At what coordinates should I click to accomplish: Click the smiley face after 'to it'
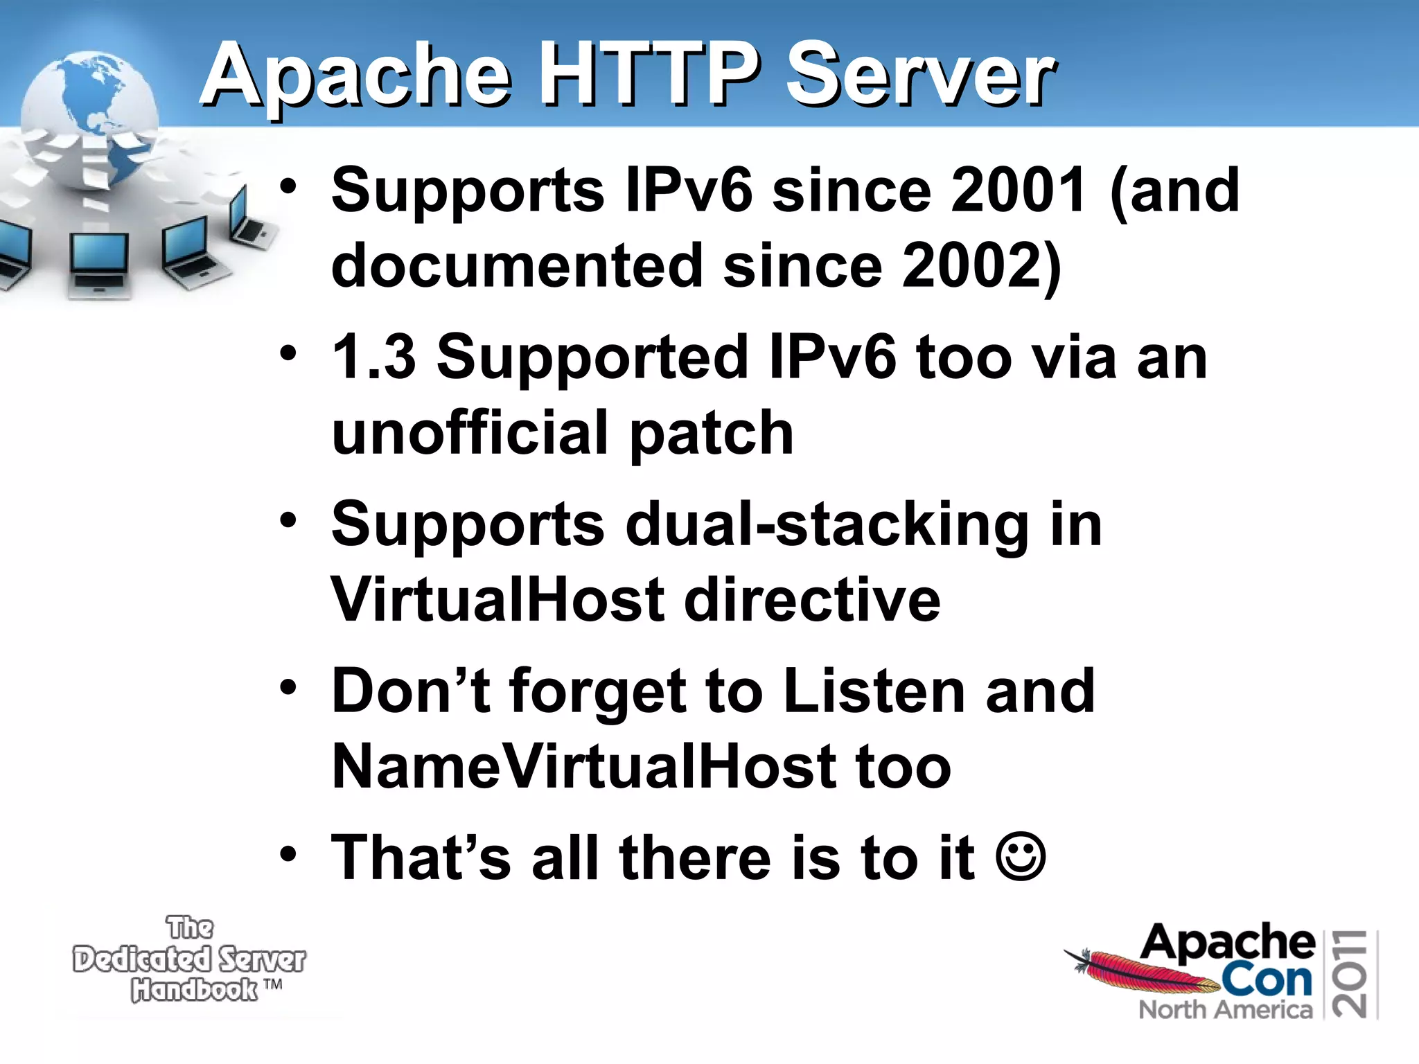pyautogui.click(x=1021, y=858)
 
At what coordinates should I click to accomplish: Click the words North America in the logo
pyautogui.click(x=1225, y=1010)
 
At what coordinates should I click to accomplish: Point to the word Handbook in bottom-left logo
pyautogui.click(x=195, y=990)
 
